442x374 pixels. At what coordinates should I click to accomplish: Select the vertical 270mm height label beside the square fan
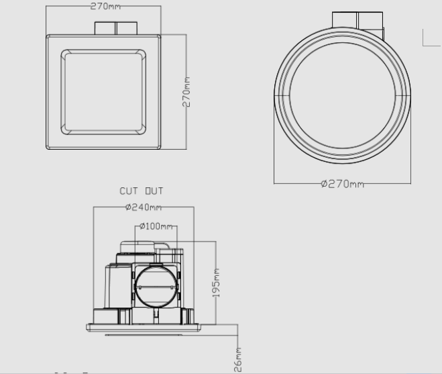[187, 92]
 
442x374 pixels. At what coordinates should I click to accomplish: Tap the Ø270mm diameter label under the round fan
[342, 184]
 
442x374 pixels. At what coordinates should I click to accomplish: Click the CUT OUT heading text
[141, 191]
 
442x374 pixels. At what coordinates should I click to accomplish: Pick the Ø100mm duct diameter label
[156, 226]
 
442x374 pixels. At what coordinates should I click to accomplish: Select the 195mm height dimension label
[216, 284]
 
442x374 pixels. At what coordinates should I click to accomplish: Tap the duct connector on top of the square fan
[115, 28]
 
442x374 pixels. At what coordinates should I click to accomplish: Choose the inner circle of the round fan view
[343, 100]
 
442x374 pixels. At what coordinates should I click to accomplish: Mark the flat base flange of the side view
[144, 328]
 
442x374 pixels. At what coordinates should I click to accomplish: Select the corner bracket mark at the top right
[429, 38]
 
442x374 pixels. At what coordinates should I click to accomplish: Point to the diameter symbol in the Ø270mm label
[324, 184]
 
